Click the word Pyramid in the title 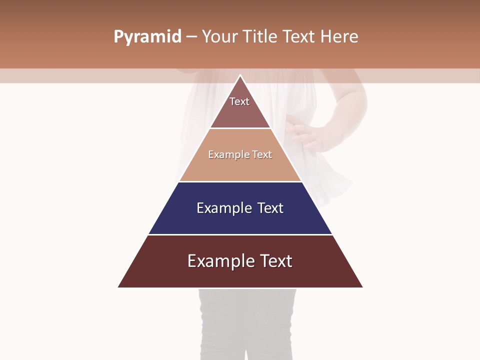[x=147, y=37]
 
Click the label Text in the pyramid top [x=239, y=101]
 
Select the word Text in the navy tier [x=270, y=208]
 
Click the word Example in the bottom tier [x=220, y=261]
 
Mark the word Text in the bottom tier [x=275, y=261]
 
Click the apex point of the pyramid [x=240, y=75]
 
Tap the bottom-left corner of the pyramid [x=118, y=287]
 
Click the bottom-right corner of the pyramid [x=362, y=287]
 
